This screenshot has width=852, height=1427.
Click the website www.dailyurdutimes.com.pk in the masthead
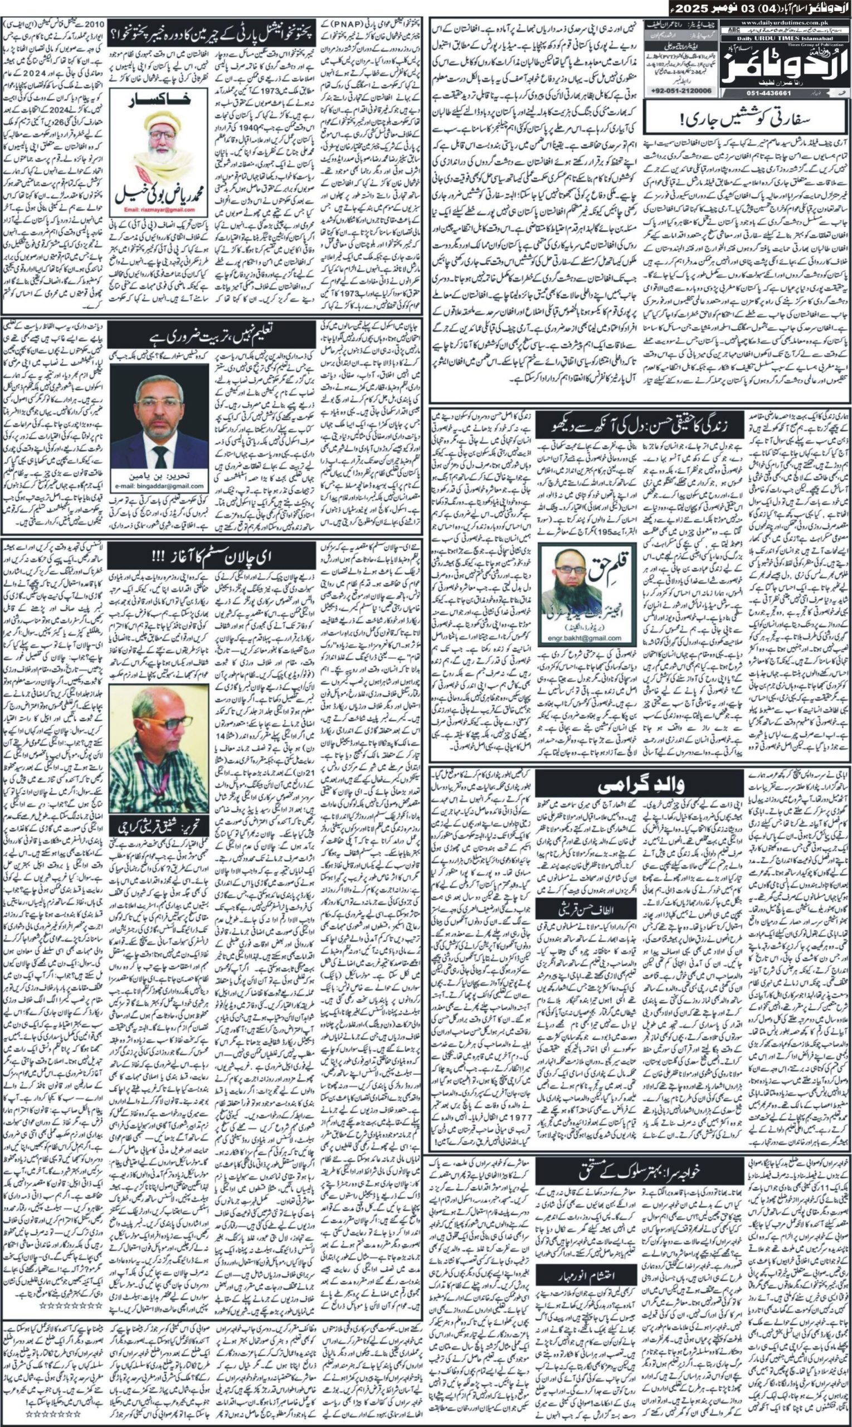click(x=784, y=23)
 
